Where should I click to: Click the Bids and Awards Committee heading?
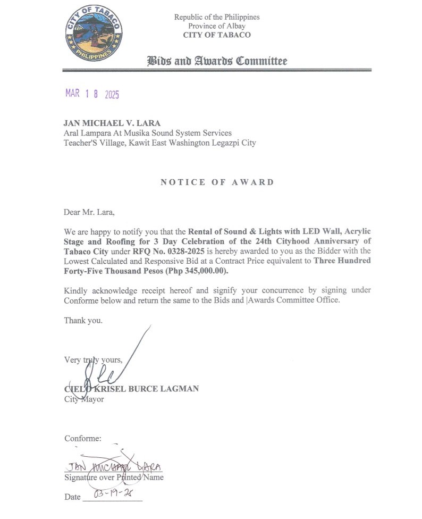tap(217, 61)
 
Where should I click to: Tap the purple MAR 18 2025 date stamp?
tap(92, 94)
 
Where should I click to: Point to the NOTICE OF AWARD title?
tap(217, 182)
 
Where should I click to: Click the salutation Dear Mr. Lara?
tap(89, 213)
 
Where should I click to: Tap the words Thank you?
tap(83, 321)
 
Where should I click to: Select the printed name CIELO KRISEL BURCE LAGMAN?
tap(131, 389)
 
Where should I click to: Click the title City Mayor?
tap(84, 399)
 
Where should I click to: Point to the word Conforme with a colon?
tap(83, 439)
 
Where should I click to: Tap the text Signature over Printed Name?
tap(114, 478)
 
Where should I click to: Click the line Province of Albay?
tap(216, 26)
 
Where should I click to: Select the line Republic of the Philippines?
tap(217, 17)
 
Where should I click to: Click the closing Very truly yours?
tap(93, 360)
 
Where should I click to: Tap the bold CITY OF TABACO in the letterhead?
tap(217, 35)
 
